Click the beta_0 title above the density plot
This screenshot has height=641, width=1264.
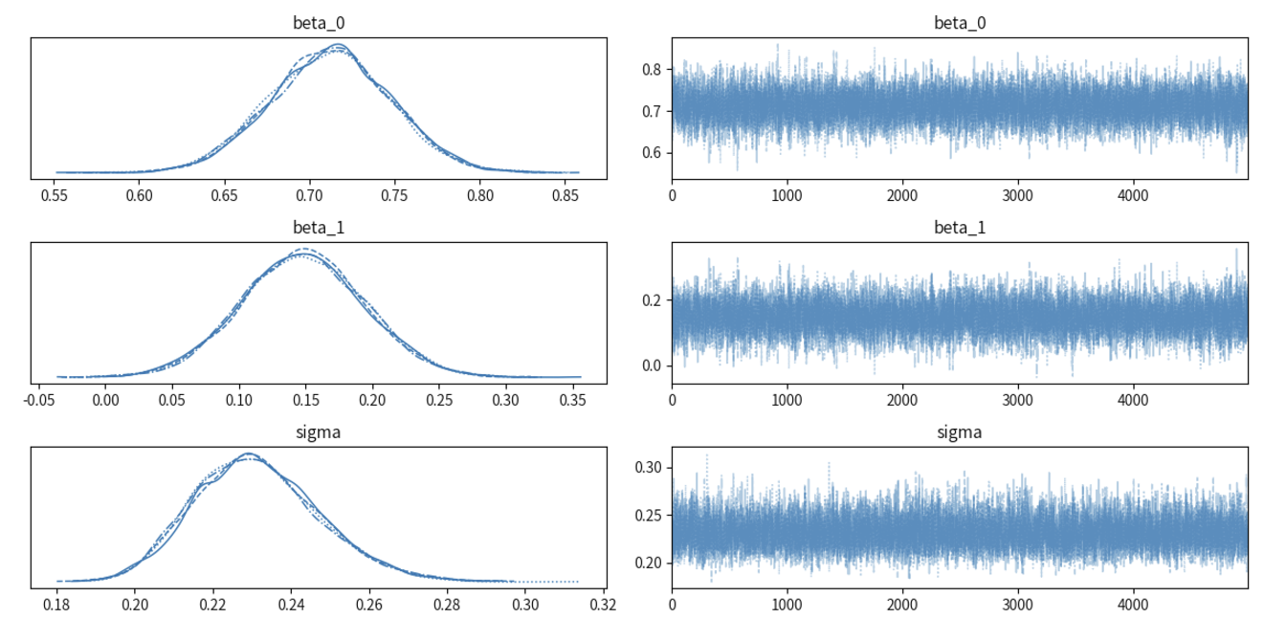[318, 24]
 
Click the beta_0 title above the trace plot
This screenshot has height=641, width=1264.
[960, 24]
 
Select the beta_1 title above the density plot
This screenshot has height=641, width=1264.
[318, 229]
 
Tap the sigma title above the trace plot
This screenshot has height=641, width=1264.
[960, 433]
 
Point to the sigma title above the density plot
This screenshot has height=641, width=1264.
[318, 433]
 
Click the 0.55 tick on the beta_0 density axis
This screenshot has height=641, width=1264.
[55, 196]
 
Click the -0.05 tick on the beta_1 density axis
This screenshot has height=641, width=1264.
[39, 401]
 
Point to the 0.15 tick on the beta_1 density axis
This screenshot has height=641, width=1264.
[306, 401]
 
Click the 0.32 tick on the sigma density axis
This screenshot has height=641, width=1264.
[601, 606]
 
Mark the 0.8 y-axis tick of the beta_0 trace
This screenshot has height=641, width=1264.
[653, 69]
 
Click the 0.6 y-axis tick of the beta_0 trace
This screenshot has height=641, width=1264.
[653, 153]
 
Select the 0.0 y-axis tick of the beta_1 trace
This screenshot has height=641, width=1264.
[653, 365]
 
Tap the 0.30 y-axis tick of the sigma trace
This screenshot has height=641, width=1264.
[649, 467]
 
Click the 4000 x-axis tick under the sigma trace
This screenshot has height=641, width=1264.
[1133, 606]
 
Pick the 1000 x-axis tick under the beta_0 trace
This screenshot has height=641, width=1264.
[787, 196]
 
